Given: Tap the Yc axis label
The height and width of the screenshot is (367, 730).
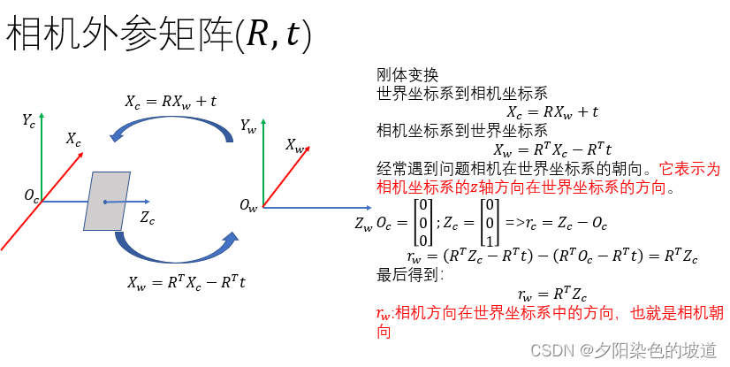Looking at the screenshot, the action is pyautogui.click(x=28, y=120).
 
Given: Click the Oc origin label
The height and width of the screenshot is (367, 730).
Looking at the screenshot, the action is pyautogui.click(x=31, y=197).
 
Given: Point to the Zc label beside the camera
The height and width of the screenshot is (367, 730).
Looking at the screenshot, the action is pyautogui.click(x=147, y=218).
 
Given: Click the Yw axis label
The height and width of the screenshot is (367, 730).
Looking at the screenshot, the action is pyautogui.click(x=248, y=126).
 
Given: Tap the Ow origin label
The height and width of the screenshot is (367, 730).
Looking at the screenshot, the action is pyautogui.click(x=248, y=206).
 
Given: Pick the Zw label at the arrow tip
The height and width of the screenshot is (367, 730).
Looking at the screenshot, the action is pyautogui.click(x=363, y=225).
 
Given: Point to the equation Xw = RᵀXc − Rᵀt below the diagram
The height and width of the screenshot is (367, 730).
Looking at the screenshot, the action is pyautogui.click(x=186, y=283).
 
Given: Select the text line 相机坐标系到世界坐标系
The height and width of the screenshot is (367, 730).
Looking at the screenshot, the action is pyautogui.click(x=462, y=131).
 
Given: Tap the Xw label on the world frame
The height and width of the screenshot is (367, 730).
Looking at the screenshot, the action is pyautogui.click(x=295, y=145).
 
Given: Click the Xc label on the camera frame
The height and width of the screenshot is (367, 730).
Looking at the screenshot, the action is pyautogui.click(x=73, y=139).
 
